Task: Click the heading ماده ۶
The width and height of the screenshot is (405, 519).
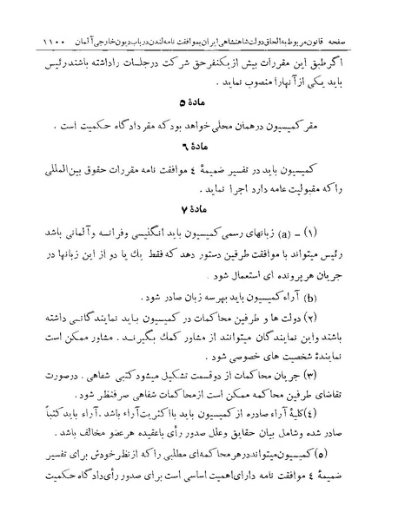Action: click(x=202, y=163)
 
